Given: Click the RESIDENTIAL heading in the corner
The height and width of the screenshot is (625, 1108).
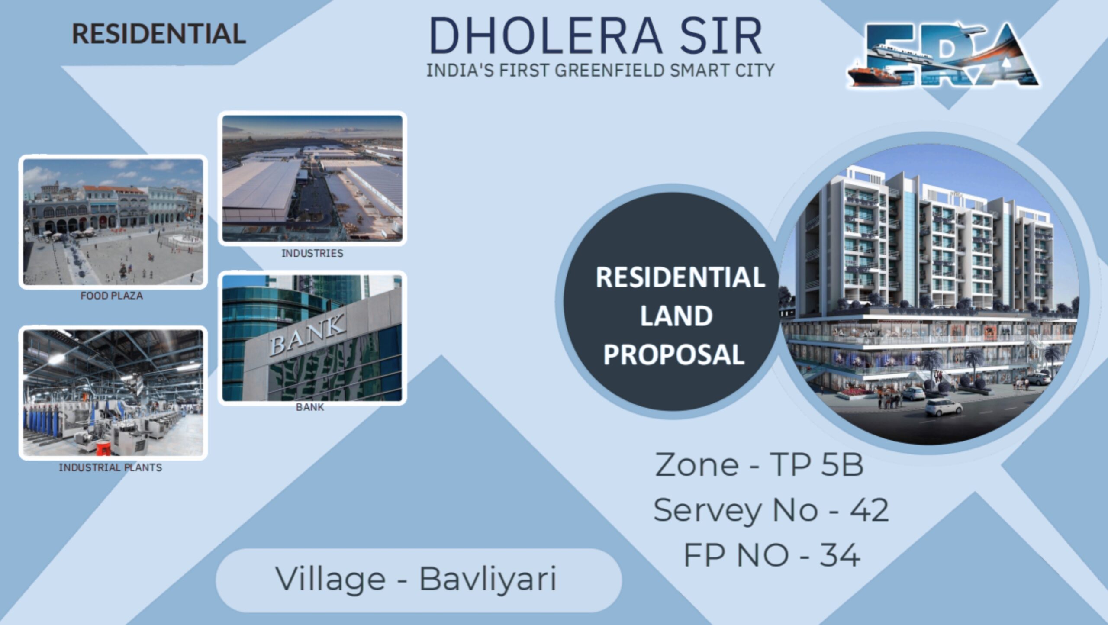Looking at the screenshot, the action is coord(159,34).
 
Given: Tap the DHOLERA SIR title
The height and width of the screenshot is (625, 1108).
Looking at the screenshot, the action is coord(596,36).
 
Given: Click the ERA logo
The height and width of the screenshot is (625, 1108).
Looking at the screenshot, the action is coord(944,55).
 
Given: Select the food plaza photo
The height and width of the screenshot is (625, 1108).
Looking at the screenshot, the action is coord(113,222).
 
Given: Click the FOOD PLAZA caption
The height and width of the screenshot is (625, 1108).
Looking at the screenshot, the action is coord(112,296).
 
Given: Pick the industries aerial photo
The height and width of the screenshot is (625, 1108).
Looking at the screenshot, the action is coord(312,178).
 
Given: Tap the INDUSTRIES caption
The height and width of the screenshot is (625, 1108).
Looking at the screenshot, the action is coord(312,253).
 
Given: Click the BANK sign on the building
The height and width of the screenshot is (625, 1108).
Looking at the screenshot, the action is coord(308,334).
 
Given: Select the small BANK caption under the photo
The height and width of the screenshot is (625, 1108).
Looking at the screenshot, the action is coord(310,407).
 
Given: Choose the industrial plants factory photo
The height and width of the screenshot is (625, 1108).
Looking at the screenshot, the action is coord(113,393).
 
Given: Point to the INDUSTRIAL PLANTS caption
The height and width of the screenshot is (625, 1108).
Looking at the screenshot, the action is coord(110,467).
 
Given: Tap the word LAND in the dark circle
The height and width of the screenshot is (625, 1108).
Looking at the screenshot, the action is coord(676,316).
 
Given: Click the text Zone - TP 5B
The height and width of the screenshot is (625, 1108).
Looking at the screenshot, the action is coord(759,465).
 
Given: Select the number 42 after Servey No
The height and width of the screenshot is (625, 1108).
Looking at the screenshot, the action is coord(869,510).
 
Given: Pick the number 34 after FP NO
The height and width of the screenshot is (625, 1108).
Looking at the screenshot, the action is coord(840,555).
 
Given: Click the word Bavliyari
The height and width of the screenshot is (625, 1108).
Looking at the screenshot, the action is coord(488,579).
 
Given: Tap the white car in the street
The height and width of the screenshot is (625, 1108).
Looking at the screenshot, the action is coord(944,407).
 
